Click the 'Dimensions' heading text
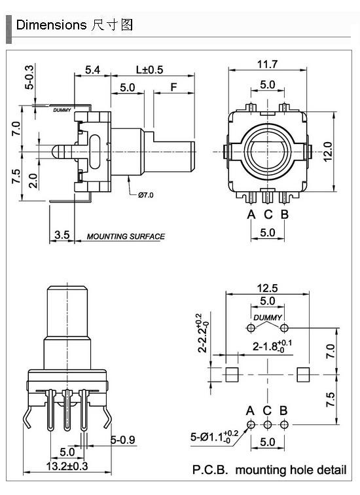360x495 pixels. coord(51,25)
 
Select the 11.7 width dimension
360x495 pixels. coord(267,64)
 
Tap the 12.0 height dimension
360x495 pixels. coord(328,152)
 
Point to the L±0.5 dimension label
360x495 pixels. coord(149,70)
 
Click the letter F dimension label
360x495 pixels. coord(173,87)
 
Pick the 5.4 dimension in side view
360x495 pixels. coord(93,70)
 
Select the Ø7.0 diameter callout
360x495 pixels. coord(146,195)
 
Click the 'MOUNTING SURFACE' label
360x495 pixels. coord(126,236)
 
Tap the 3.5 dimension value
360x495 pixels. coord(62,234)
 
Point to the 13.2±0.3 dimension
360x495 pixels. coord(67,466)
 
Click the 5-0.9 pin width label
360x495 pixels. coord(123,440)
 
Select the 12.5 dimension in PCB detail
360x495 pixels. coord(267,288)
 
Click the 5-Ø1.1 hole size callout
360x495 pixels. coord(215,437)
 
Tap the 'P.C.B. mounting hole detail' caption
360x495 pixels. coord(269,469)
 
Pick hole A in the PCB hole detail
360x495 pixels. coord(251,424)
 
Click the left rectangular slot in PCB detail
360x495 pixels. coord(232,375)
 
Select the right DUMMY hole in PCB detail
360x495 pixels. coord(284,327)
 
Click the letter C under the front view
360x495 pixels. coord(268,214)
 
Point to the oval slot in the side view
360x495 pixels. coord(94,152)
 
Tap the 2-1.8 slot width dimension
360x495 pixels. coord(272,346)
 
